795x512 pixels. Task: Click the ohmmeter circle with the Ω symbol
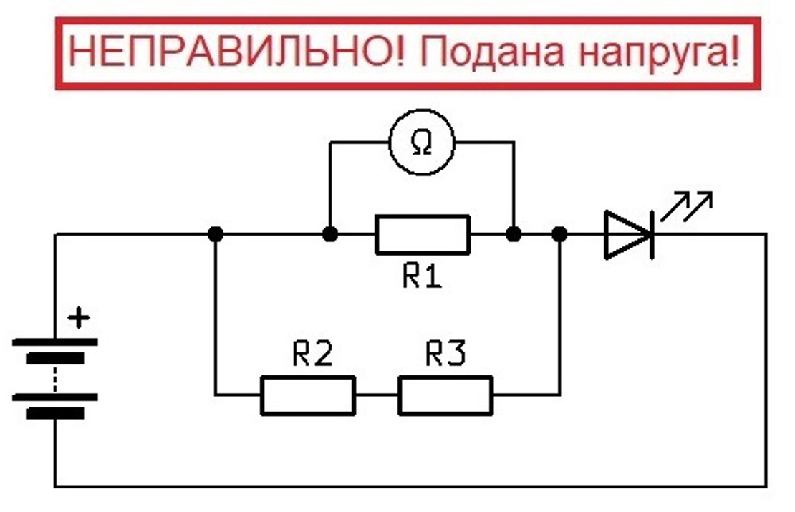(x=421, y=143)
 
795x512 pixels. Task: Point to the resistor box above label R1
(x=423, y=234)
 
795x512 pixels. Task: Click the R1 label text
(x=422, y=276)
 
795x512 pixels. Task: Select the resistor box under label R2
(x=307, y=395)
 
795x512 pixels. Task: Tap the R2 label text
(x=313, y=354)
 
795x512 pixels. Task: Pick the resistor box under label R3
(x=445, y=395)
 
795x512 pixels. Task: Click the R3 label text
(x=445, y=354)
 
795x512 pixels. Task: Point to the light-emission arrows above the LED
(x=686, y=207)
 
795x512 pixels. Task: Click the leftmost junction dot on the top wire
(x=216, y=234)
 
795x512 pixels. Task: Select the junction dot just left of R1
(x=329, y=234)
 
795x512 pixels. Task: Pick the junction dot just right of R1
(x=513, y=234)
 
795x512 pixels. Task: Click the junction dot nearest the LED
(x=560, y=234)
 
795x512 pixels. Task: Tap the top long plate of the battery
(x=55, y=342)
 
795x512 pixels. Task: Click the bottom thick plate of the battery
(x=55, y=413)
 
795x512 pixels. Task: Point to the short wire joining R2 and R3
(x=376, y=395)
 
